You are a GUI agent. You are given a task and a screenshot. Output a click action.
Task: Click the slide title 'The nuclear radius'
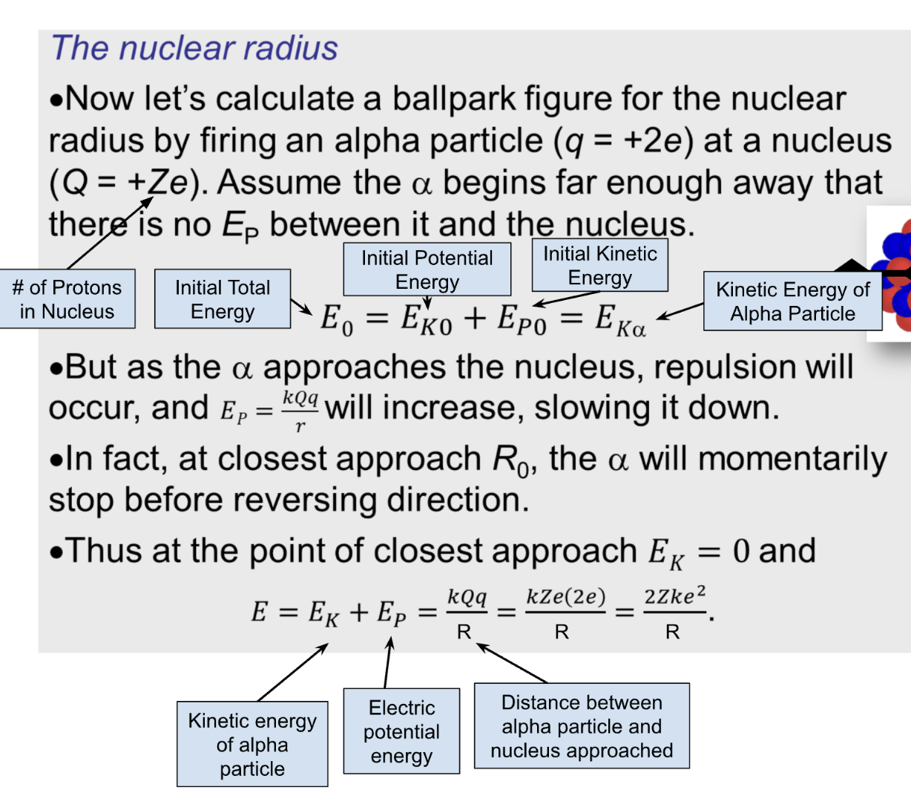194,48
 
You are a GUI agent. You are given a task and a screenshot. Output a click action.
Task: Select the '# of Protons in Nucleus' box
68,299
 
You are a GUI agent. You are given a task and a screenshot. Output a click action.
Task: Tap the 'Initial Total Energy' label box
223,299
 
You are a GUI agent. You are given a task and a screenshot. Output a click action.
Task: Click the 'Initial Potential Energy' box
427,270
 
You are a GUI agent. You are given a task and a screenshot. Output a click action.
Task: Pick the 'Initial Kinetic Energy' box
599,265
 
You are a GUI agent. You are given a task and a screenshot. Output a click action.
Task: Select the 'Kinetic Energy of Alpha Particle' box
792,301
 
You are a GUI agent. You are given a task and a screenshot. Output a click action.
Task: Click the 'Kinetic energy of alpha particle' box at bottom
252,744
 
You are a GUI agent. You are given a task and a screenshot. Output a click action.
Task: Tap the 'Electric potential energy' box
401,731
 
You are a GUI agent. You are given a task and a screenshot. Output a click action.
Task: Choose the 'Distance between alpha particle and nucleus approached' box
582,726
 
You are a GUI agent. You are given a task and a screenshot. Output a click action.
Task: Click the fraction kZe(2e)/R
565,613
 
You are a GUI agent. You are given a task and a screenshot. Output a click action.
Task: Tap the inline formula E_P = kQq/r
269,409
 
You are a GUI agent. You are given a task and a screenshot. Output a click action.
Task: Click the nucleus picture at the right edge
893,275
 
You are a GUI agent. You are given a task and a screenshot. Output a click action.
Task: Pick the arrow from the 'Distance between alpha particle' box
512,662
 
